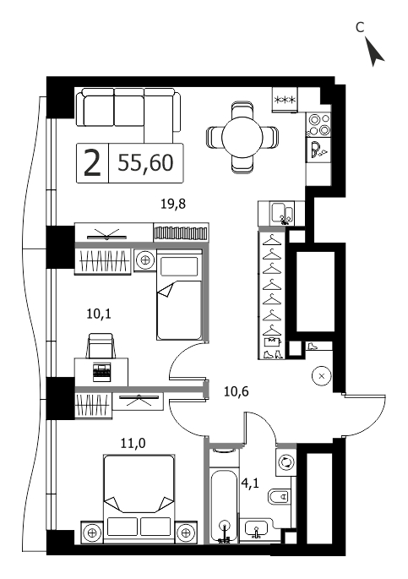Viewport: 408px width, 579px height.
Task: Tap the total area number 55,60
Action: (145, 163)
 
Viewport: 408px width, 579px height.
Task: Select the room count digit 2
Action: (92, 163)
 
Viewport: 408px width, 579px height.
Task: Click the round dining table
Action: (242, 138)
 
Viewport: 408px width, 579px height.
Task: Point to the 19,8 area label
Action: (173, 204)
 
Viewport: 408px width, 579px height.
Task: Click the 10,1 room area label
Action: (99, 314)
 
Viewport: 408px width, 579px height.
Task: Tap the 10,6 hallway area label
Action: (237, 391)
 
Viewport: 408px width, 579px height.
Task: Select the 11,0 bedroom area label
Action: (133, 443)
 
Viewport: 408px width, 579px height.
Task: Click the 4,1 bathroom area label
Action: (251, 483)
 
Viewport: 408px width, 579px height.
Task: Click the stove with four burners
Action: (318, 125)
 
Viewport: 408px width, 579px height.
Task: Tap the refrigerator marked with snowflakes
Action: (285, 100)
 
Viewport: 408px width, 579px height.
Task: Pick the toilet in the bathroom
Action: (278, 496)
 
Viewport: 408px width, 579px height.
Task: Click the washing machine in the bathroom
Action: (286, 462)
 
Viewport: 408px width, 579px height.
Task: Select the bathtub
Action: (225, 506)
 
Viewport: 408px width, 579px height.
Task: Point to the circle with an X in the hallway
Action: (321, 376)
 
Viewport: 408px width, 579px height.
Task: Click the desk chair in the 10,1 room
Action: (101, 345)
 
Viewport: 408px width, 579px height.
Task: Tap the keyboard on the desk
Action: (102, 372)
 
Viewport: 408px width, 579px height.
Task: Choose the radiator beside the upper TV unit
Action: (181, 233)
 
